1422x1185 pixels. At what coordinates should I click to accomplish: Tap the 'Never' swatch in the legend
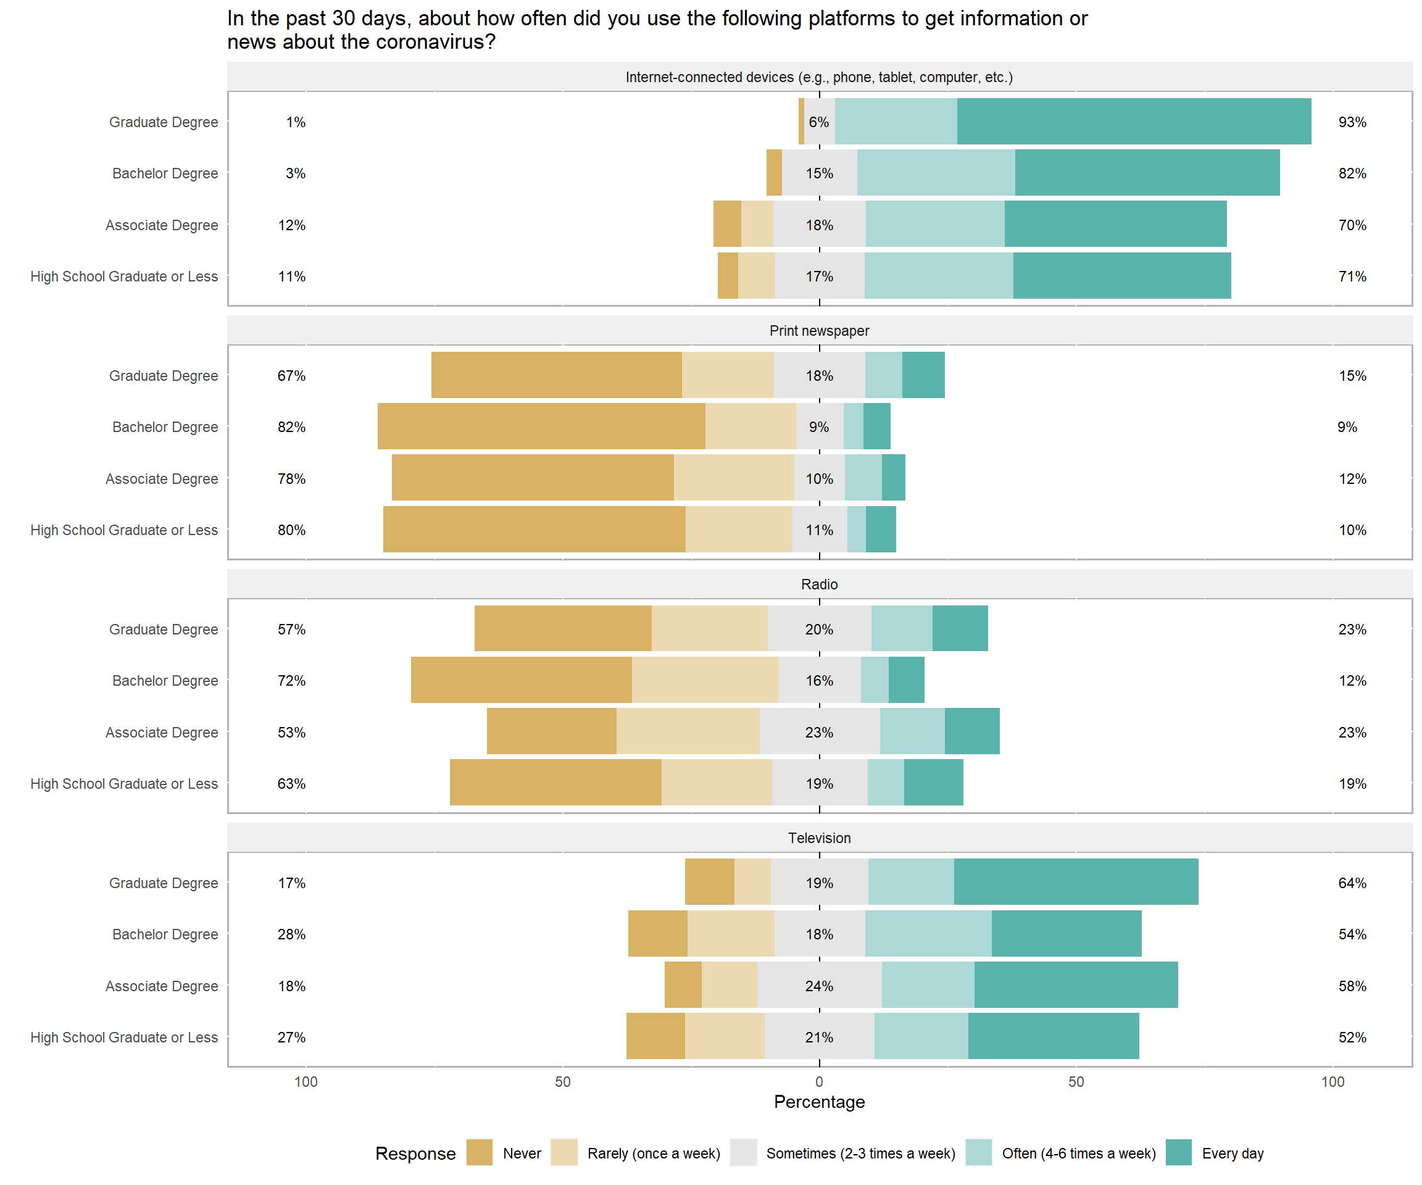[x=480, y=1152]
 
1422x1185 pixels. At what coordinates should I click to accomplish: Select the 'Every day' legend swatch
[x=1178, y=1152]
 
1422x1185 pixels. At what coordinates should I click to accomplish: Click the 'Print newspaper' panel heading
[x=818, y=330]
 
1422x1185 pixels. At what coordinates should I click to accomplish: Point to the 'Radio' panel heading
[x=818, y=584]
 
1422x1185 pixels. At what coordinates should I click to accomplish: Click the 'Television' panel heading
[x=818, y=838]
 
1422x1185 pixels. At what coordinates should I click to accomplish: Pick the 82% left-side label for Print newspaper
[x=291, y=426]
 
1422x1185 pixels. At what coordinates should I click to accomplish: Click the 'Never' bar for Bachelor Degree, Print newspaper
[x=541, y=426]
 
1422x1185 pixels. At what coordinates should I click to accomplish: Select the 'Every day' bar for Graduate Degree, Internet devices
[x=1134, y=121]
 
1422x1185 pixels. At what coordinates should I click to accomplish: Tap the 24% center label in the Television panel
[x=818, y=986]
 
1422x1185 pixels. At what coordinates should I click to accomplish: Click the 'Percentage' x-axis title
[x=818, y=1102]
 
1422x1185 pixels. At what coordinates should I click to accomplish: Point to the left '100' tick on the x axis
[x=306, y=1081]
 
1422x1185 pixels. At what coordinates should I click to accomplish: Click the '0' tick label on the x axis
[x=818, y=1081]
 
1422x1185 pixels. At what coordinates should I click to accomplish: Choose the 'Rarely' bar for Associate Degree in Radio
[x=688, y=731]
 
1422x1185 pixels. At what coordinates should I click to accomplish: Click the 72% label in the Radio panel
[x=291, y=681]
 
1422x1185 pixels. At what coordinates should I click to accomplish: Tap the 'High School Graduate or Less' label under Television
[x=124, y=1037]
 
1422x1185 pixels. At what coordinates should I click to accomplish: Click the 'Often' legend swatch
[x=978, y=1152]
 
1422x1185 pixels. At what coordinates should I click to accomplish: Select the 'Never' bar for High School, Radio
[x=555, y=783]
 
